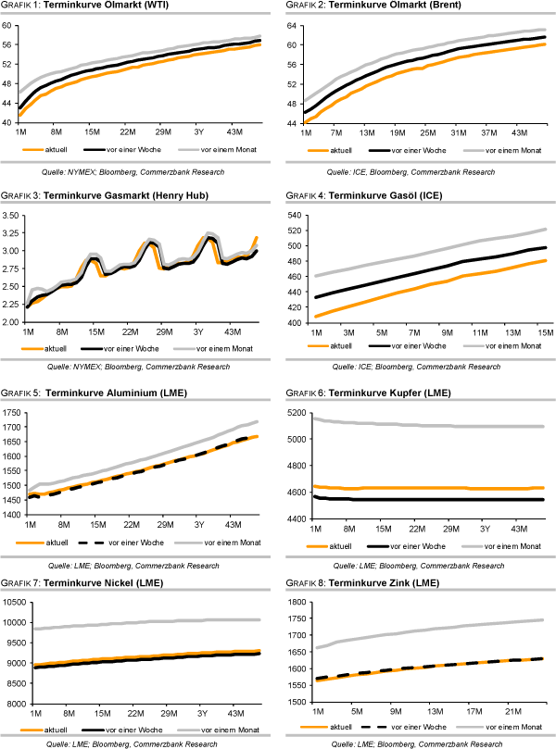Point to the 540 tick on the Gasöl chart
coord(297,215)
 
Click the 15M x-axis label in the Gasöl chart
coord(540,331)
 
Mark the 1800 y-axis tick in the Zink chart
coord(296,602)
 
